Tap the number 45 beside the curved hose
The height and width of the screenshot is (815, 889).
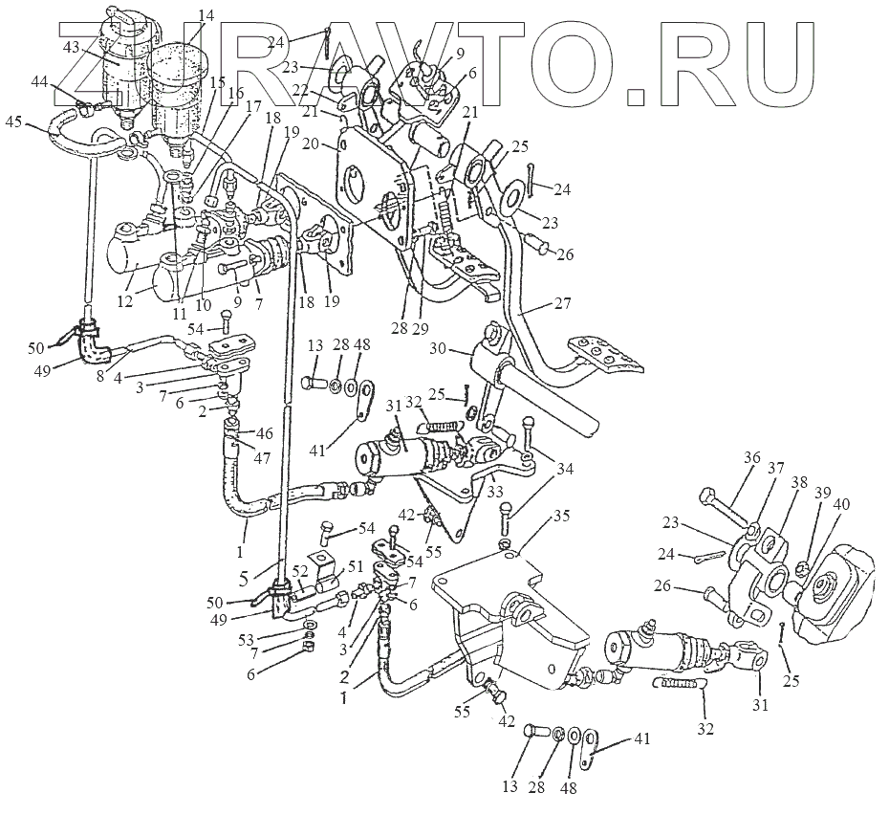point(14,121)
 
